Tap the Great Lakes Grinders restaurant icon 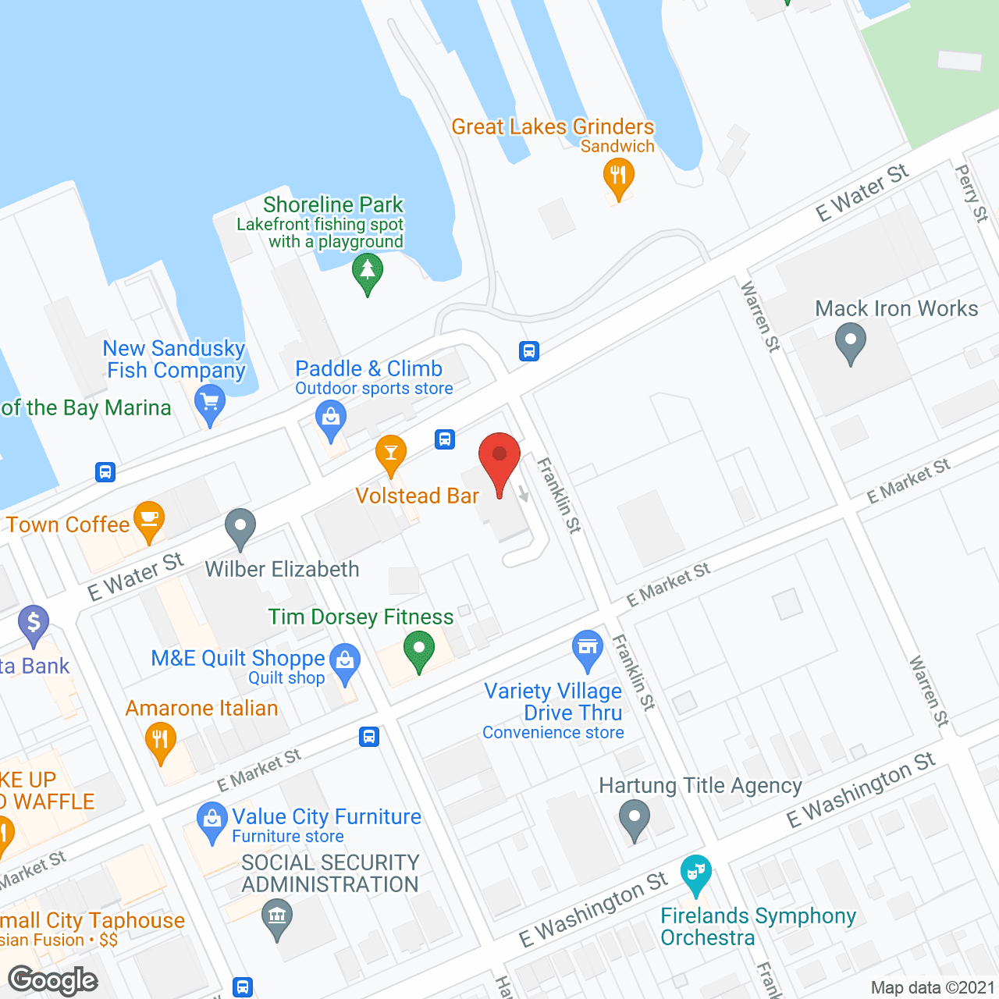click(x=618, y=176)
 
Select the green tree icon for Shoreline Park click(x=367, y=273)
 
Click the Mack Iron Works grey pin click(x=850, y=342)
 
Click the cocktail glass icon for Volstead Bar click(x=390, y=453)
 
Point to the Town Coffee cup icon click(x=148, y=519)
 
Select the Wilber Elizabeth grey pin click(x=240, y=527)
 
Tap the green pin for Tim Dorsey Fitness click(x=419, y=649)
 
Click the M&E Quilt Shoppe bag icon click(x=345, y=661)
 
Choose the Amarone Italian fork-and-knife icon click(x=160, y=738)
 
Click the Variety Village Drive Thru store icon click(x=588, y=648)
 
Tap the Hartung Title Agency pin click(x=634, y=819)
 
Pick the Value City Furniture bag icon click(x=212, y=820)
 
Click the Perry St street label click(x=972, y=193)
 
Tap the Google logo click(x=53, y=980)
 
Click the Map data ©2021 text click(x=933, y=987)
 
